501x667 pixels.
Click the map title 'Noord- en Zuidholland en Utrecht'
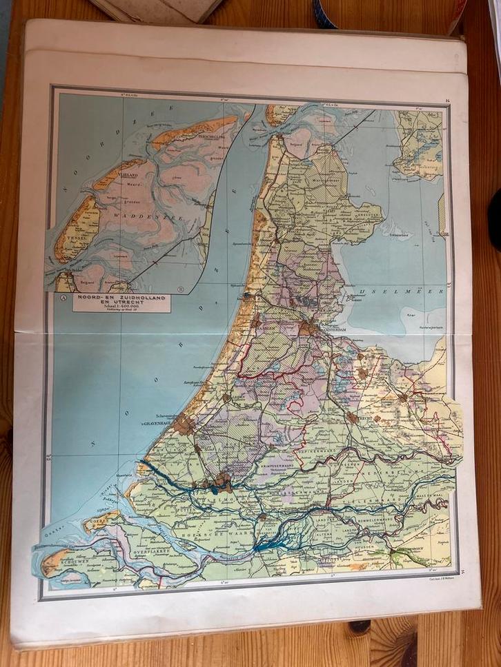(121, 298)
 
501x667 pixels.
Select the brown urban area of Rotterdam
(222, 480)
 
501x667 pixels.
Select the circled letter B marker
(181, 289)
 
